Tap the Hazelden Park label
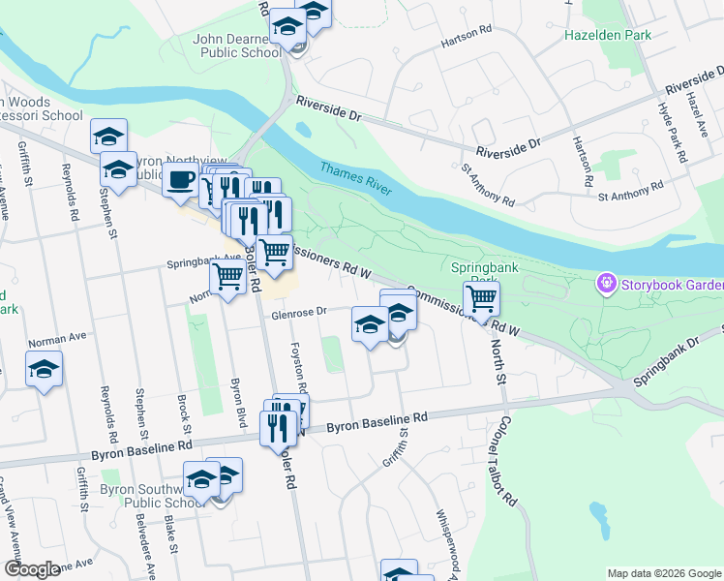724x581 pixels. click(x=608, y=36)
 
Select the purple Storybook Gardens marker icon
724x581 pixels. click(x=607, y=284)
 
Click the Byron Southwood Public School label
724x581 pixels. click(x=149, y=496)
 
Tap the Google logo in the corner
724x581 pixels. click(x=32, y=568)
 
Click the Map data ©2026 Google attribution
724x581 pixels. click(x=663, y=573)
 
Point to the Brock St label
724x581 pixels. click(x=181, y=413)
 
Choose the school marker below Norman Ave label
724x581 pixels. click(x=44, y=371)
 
